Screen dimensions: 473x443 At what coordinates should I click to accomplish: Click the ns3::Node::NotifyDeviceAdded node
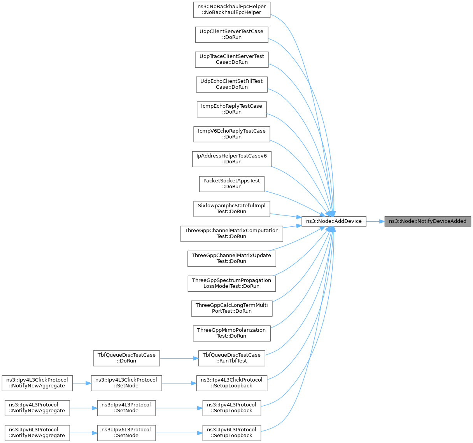tap(427, 221)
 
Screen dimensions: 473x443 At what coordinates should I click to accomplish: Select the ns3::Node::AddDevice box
tap(334, 221)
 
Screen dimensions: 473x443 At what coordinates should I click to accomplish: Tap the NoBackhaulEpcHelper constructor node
tap(231, 10)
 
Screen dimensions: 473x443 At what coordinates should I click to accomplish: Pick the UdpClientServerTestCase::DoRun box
tap(231, 35)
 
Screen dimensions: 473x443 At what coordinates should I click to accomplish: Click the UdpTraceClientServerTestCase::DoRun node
tap(231, 60)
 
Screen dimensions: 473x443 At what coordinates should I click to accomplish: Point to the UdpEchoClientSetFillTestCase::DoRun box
tap(231, 84)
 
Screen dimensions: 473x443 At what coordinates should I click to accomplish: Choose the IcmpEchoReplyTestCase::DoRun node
tap(231, 109)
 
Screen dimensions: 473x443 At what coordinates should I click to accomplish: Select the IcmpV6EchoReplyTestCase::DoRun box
tap(231, 134)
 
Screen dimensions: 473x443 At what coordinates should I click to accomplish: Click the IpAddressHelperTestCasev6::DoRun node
tap(231, 159)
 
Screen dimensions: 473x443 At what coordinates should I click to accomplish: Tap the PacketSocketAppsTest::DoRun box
tap(231, 184)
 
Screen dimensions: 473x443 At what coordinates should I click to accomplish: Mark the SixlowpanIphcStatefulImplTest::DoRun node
tap(231, 209)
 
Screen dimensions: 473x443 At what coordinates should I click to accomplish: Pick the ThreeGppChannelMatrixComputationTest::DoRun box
tap(231, 234)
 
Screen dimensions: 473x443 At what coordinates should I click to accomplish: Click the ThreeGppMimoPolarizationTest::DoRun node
tap(231, 333)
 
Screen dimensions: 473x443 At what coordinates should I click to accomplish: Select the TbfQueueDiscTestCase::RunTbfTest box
tap(231, 358)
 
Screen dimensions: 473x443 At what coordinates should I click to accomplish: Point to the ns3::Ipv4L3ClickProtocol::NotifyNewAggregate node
tap(37, 383)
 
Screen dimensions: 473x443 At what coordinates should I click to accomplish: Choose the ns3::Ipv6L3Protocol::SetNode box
tap(126, 433)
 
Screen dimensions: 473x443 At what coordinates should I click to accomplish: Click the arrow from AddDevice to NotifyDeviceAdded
tap(375, 222)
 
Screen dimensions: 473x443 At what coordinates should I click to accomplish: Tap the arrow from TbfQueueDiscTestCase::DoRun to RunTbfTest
tap(179, 358)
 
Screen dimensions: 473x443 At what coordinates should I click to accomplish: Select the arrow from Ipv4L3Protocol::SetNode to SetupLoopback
tap(179, 408)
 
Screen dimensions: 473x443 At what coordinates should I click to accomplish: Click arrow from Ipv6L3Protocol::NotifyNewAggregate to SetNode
tap(83, 433)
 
